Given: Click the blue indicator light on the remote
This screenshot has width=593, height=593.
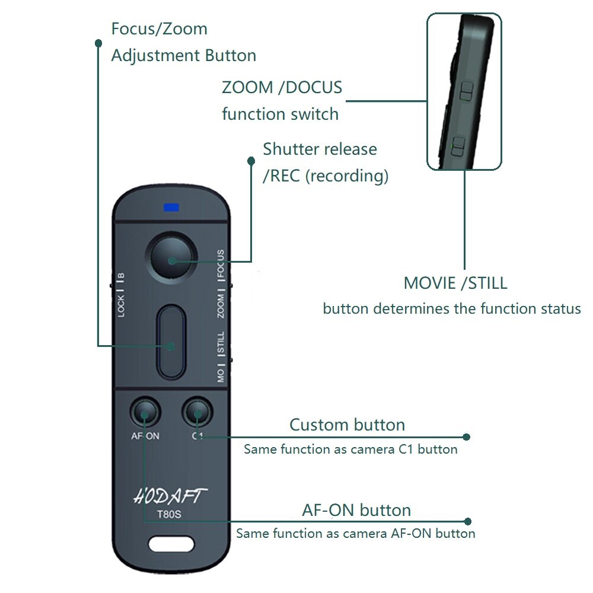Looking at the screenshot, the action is coord(171,208).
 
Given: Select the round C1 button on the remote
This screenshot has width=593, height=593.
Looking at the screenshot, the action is coord(197,412).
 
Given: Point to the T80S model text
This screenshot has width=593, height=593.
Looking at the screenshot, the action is coord(169,514).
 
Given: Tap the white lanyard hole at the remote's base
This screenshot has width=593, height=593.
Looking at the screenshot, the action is coord(171,544).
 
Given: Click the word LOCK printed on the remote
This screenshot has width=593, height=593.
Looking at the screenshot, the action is coord(120,306).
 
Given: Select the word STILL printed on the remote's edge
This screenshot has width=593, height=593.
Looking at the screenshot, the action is coord(221,343).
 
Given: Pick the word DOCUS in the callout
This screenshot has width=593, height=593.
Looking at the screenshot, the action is coord(314,87).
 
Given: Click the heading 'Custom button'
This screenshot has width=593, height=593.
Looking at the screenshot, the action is coord(347,425).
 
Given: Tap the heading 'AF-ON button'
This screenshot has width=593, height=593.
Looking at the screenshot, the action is coord(356,510).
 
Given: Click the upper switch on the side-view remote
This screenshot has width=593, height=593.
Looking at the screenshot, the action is coord(467,91).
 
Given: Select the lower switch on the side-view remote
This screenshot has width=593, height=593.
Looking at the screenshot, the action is coord(459,147).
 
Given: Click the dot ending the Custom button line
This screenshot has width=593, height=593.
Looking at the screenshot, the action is coord(466,437).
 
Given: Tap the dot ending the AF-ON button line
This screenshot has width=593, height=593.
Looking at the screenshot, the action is coord(468,521).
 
